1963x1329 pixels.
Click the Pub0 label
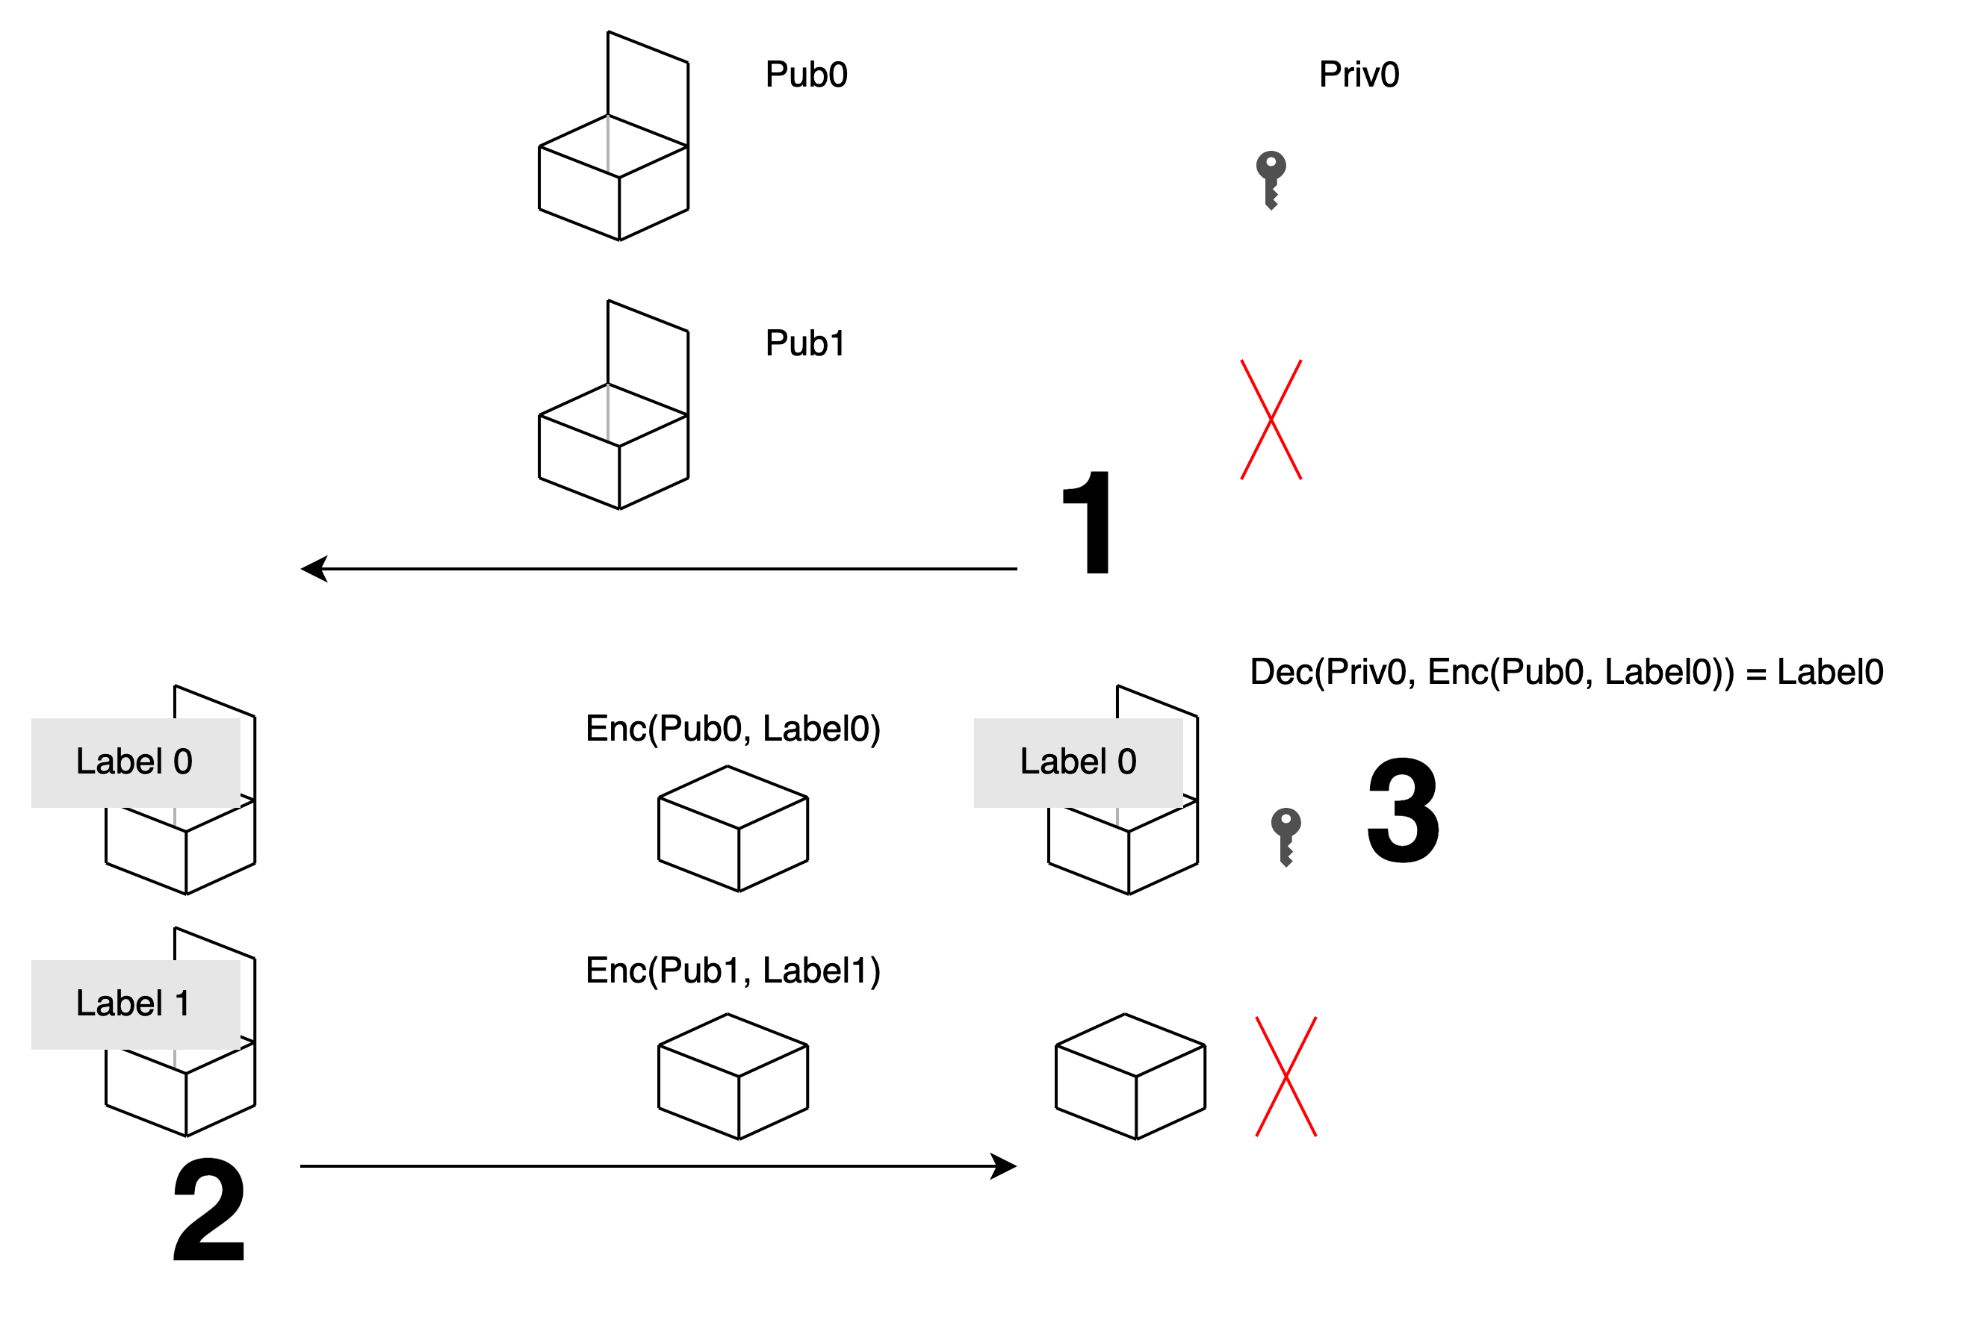(x=806, y=75)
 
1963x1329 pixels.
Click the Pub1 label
(x=805, y=343)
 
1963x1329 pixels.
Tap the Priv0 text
(x=1359, y=75)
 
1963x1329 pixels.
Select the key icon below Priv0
(x=1271, y=180)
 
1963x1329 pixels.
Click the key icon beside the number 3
(x=1286, y=837)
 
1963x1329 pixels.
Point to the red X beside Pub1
(x=1271, y=420)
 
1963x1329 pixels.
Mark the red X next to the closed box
(x=1286, y=1077)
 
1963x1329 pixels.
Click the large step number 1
(x=1088, y=522)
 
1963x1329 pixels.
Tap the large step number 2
(x=208, y=1209)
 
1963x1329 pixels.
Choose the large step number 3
(x=1403, y=810)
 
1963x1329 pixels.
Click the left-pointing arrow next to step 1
(x=659, y=569)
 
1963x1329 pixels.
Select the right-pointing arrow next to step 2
(x=659, y=1166)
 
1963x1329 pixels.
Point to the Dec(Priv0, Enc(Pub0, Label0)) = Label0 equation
(x=1566, y=672)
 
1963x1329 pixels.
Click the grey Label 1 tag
(x=136, y=1005)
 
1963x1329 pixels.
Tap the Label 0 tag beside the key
(x=1079, y=763)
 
